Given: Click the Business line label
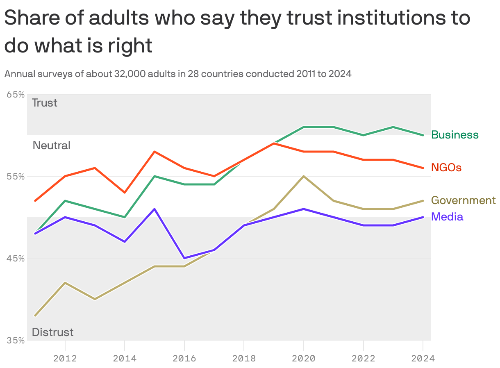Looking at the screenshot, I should [455, 135].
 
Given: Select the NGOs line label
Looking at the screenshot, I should [446, 168].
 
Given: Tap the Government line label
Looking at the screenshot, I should [463, 200].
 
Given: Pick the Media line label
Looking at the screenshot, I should [447, 217].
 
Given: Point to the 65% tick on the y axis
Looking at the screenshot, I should [16, 95].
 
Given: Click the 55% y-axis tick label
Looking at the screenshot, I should [16, 177].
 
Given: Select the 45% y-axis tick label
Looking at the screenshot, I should [16, 259].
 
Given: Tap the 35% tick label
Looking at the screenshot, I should [16, 341].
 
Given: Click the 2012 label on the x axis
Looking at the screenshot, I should [65, 359].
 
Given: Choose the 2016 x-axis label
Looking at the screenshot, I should [184, 359].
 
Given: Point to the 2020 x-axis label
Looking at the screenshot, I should [304, 359].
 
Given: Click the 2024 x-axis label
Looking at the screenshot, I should [423, 359].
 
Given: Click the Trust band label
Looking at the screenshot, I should [45, 103].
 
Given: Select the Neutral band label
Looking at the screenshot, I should [51, 145].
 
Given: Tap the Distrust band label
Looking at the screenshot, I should [52, 332].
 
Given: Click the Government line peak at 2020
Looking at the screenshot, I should [304, 176].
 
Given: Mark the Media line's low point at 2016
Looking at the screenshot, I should [184, 258].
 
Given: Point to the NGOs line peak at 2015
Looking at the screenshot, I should [155, 152].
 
